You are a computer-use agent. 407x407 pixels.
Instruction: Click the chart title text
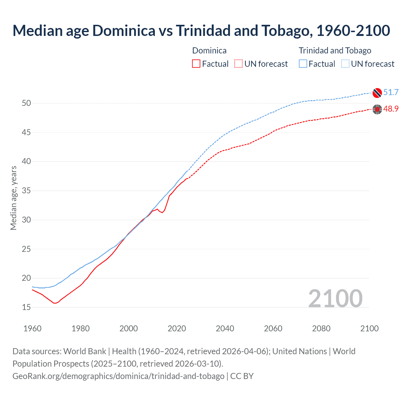(201, 31)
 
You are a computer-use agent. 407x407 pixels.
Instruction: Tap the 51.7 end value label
(391, 92)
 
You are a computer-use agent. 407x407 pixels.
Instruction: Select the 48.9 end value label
(391, 109)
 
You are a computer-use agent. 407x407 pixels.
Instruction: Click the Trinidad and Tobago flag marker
(377, 93)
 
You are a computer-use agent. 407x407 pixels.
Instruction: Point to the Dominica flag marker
(377, 109)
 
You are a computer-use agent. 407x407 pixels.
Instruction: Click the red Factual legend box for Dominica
(196, 64)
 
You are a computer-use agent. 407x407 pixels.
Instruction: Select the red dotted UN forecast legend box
(238, 64)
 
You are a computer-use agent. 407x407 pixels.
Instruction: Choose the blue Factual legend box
(303, 64)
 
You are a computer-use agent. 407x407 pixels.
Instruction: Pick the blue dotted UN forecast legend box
(345, 64)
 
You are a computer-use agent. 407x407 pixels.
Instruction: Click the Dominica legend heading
(209, 51)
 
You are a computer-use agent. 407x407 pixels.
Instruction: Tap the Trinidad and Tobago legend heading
(335, 51)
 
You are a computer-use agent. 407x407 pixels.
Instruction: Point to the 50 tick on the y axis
(26, 103)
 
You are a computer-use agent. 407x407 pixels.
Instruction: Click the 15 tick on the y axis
(26, 307)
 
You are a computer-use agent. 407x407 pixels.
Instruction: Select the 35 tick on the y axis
(26, 191)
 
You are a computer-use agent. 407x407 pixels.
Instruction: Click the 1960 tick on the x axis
(32, 328)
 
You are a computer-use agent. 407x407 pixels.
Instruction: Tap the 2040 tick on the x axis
(225, 328)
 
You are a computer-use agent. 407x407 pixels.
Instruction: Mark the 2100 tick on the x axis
(369, 328)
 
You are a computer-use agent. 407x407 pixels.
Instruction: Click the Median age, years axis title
(13, 198)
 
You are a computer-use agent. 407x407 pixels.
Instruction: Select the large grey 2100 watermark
(335, 298)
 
